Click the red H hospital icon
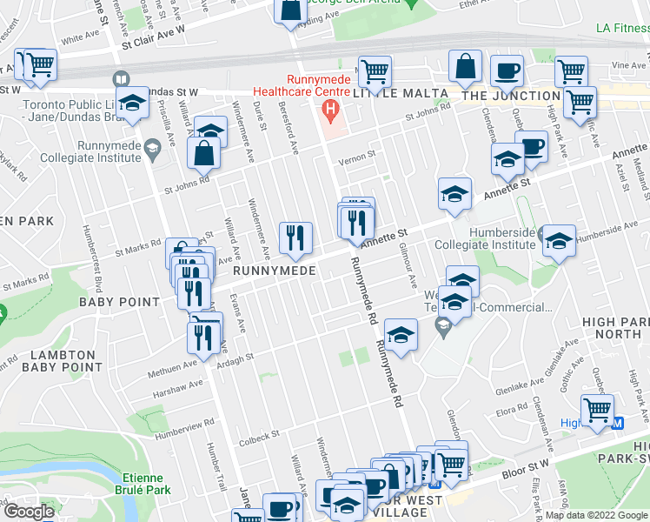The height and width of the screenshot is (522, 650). click(329, 110)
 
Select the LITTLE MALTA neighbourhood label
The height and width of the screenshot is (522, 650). click(401, 93)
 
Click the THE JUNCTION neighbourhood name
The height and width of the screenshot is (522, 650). click(511, 96)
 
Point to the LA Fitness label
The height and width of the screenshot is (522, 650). click(622, 28)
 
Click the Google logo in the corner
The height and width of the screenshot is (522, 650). click(29, 512)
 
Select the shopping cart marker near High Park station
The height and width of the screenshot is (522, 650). click(597, 410)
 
